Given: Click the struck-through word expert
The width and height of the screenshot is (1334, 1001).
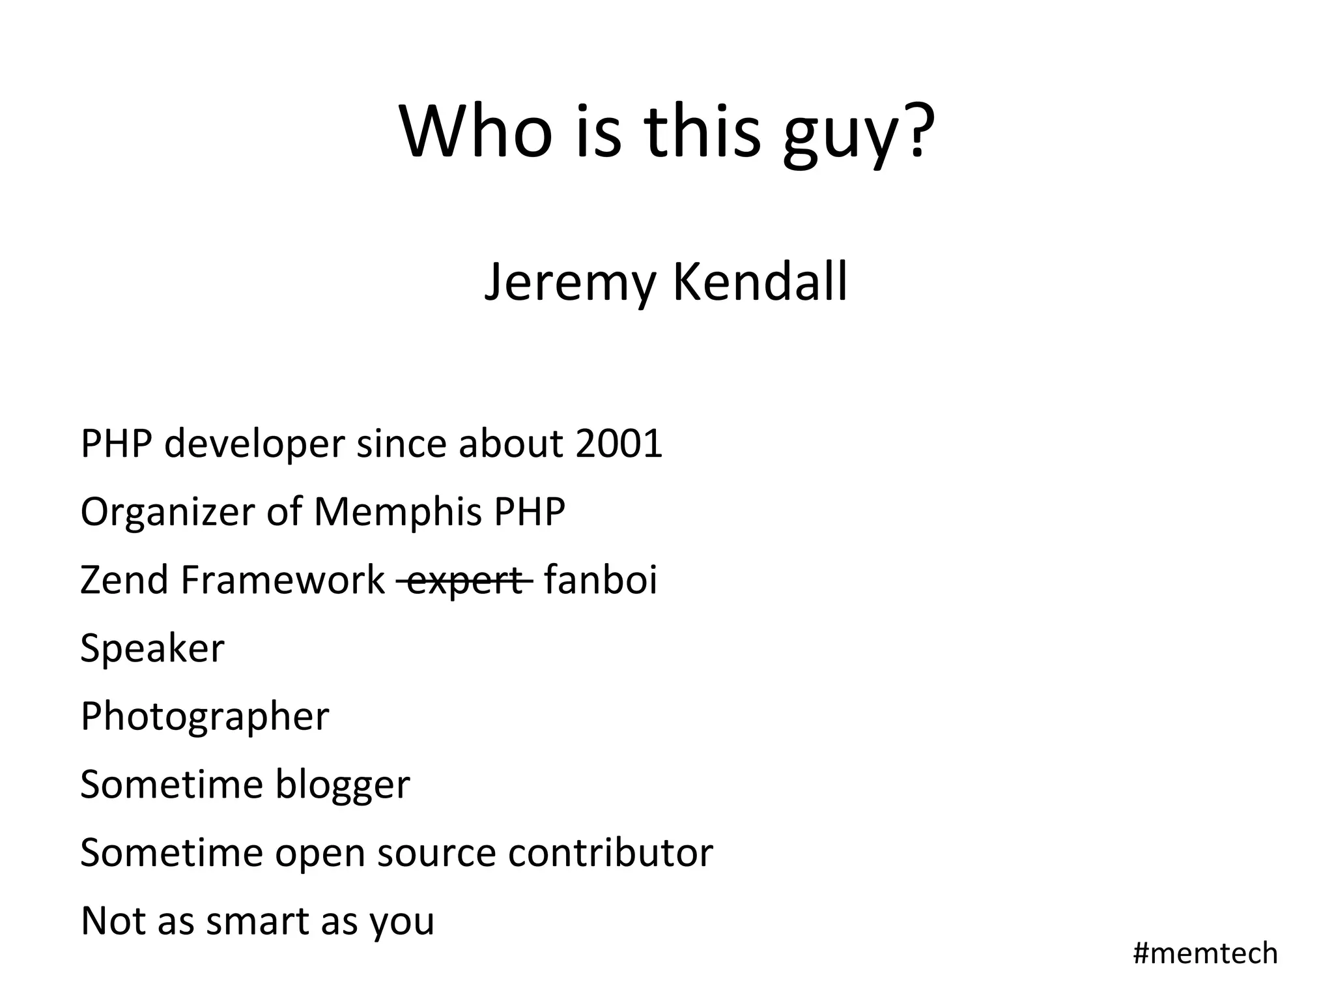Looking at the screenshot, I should click(x=465, y=581).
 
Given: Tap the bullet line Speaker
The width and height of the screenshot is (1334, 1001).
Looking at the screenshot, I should click(x=152, y=648).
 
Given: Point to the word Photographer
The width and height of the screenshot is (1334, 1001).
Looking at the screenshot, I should click(x=205, y=718).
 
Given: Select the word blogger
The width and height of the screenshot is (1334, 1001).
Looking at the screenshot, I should click(x=343, y=785).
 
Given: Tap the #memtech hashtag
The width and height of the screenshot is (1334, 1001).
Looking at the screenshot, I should click(x=1205, y=953).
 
